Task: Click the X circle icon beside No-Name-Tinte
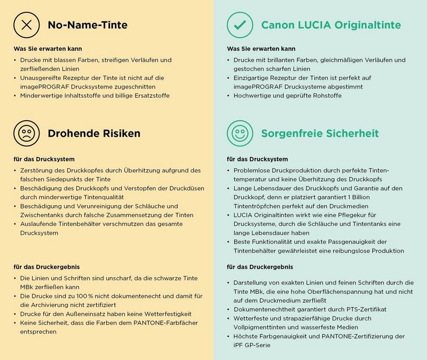tap(26, 25)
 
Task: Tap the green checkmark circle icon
tap(240, 25)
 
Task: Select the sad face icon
tap(26, 132)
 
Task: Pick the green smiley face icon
tap(240, 132)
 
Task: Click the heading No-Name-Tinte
tap(88, 25)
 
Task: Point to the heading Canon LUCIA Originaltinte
tap(331, 25)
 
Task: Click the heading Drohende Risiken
tap(94, 133)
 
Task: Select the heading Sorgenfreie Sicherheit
tap(320, 133)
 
